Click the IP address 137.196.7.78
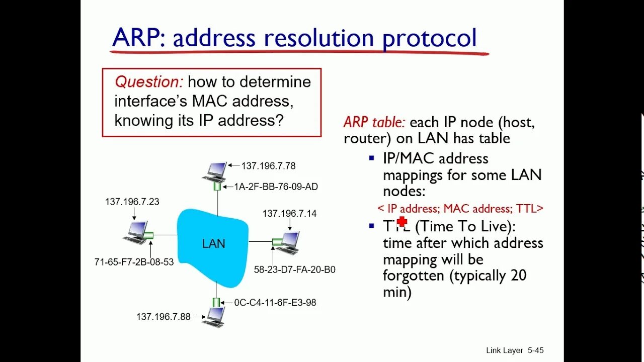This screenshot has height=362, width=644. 268,165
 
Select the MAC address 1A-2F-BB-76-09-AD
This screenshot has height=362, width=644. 276,187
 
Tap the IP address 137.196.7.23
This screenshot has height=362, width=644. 132,202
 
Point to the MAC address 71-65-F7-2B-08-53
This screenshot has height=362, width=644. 134,262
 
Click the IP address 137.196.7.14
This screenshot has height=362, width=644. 289,214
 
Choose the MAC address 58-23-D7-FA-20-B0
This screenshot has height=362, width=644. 294,269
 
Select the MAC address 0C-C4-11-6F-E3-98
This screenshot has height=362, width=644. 275,303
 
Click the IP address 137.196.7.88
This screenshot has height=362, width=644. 163,317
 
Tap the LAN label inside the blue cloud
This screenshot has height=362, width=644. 213,244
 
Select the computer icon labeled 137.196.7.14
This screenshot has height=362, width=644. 289,242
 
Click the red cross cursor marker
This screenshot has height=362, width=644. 401,222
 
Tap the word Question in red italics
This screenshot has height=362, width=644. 149,82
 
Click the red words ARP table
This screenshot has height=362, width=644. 374,122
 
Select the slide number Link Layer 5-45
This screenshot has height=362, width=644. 515,350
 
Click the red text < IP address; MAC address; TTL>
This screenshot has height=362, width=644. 460,209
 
